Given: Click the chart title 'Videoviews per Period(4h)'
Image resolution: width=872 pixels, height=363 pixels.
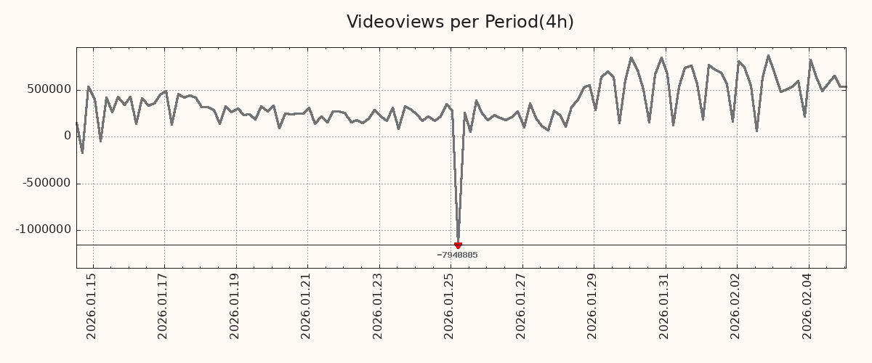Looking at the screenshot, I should [x=460, y=22].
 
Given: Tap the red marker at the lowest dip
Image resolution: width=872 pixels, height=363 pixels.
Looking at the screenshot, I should [x=458, y=245].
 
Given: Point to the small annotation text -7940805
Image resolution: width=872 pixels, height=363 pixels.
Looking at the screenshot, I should [x=457, y=255].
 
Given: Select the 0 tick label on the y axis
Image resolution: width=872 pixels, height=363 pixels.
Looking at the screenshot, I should [x=68, y=136].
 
